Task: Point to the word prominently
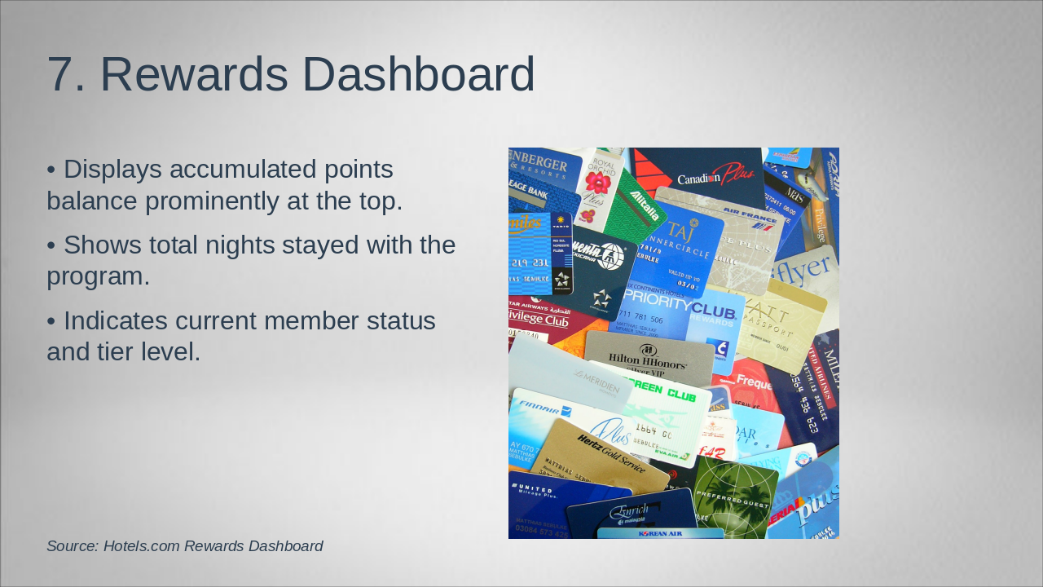tap(254, 201)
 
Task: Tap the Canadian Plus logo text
tap(715, 177)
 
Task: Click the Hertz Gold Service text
tap(610, 453)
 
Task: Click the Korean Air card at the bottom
tap(660, 533)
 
